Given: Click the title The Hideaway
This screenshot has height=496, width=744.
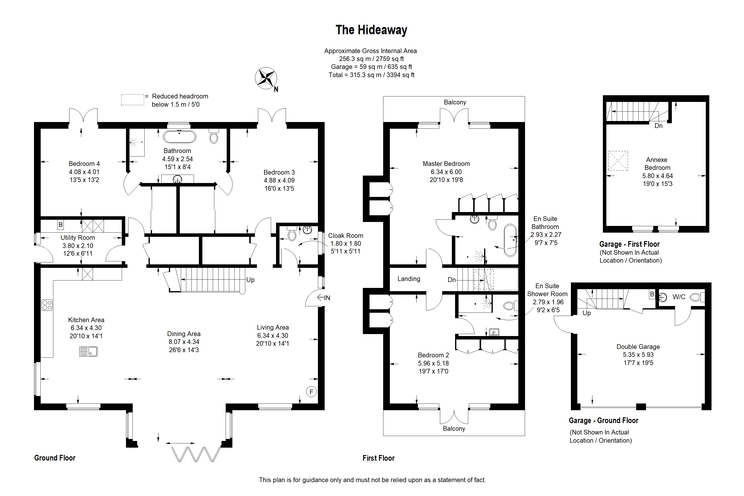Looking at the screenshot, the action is (x=371, y=30).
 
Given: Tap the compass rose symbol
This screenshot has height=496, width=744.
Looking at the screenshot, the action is (x=266, y=78).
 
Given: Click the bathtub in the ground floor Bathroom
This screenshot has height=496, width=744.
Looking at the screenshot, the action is (x=179, y=137).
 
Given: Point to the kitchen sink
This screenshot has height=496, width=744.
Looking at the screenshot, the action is (x=88, y=351).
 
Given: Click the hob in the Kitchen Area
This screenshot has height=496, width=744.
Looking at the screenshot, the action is (x=47, y=305).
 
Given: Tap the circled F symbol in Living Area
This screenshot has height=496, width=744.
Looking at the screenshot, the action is (x=311, y=392).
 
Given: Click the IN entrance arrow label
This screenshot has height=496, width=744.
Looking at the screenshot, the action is (x=324, y=298).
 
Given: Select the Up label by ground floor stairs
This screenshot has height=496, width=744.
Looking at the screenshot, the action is (x=250, y=280).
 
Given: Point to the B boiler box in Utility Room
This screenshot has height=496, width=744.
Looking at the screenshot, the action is (x=61, y=225).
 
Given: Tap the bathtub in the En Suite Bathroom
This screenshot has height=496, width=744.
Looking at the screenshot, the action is (x=510, y=240).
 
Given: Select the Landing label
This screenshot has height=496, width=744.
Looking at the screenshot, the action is (x=409, y=279).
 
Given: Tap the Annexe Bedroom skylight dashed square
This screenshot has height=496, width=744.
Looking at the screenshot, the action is (x=618, y=161).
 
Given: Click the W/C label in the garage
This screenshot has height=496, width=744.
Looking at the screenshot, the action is (x=679, y=297).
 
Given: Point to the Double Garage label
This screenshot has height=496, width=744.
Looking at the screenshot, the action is (x=638, y=347).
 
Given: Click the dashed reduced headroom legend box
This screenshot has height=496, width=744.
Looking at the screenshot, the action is (x=132, y=100).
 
